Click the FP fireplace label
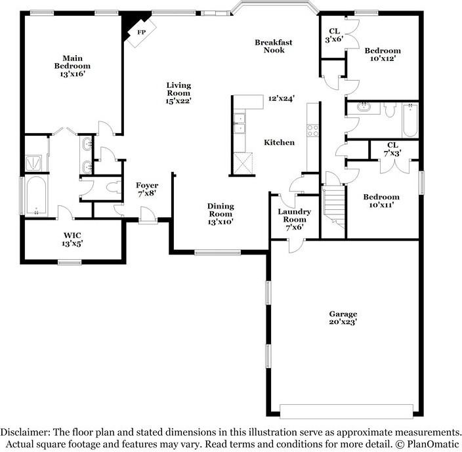click(x=141, y=31)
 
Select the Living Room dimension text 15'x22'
click(x=178, y=101)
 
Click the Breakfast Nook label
click(x=274, y=46)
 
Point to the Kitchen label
click(x=279, y=142)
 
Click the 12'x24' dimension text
click(x=281, y=98)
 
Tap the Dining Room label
click(x=220, y=210)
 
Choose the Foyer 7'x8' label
click(x=147, y=190)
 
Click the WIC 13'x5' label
click(x=72, y=239)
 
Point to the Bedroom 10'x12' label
click(x=383, y=54)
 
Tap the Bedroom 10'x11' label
click(x=381, y=201)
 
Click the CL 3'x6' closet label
click(x=334, y=35)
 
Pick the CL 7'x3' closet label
click(x=392, y=149)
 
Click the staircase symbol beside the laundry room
click(x=334, y=201)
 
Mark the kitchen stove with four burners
click(x=312, y=130)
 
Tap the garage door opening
click(x=346, y=411)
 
